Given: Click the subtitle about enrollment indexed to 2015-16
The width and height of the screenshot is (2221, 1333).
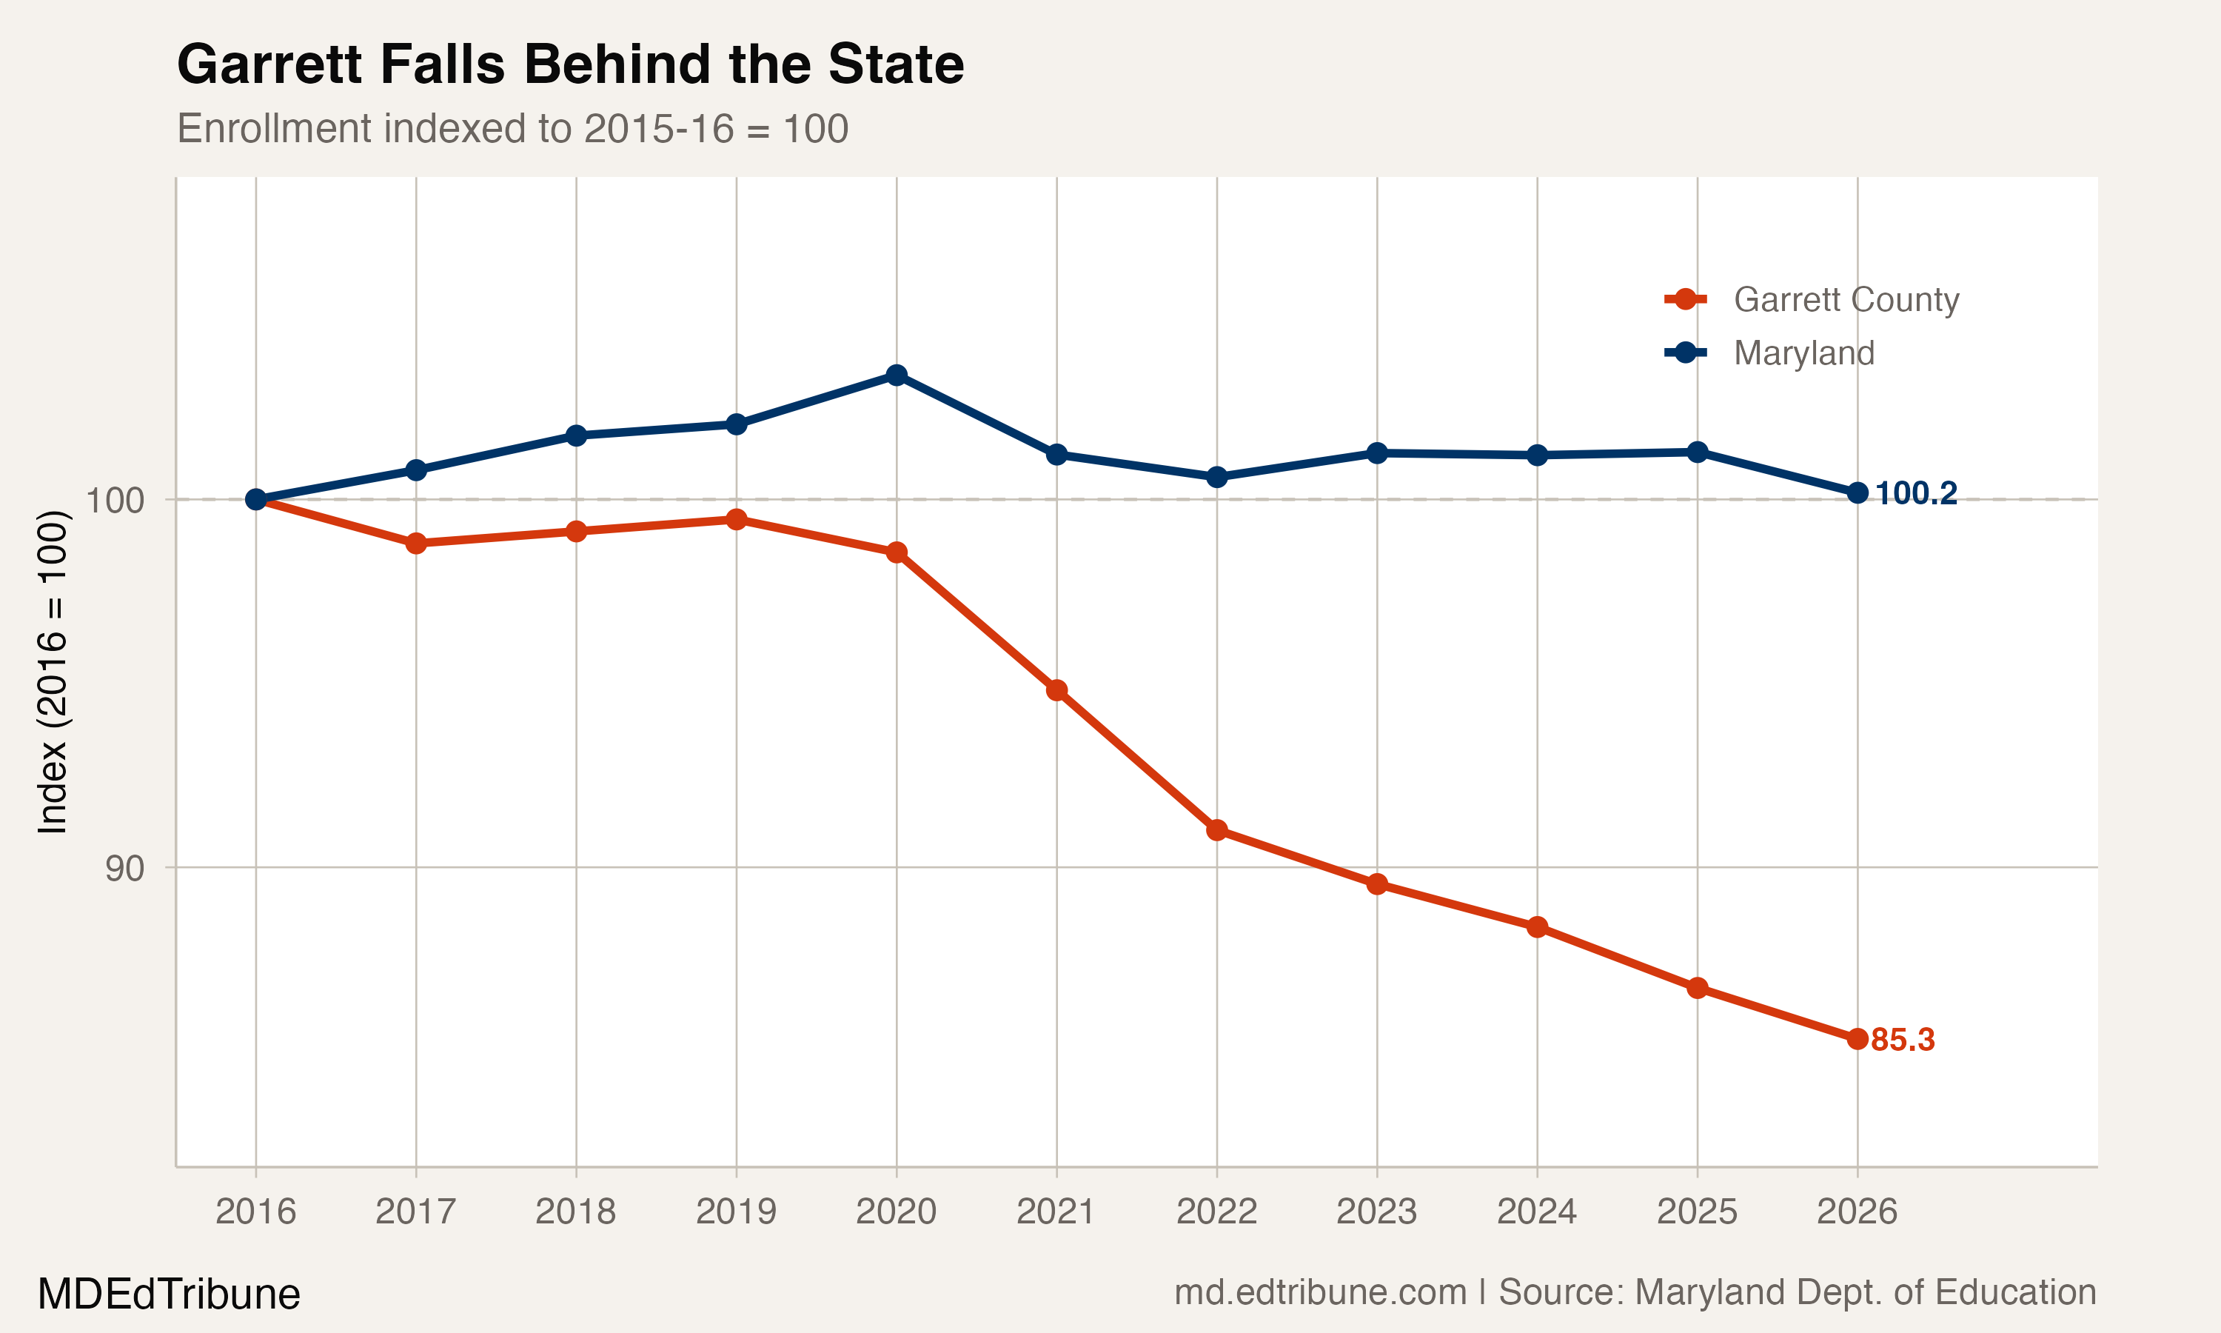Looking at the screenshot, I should point(512,128).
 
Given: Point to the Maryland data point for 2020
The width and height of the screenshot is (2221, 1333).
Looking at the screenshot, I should point(896,375).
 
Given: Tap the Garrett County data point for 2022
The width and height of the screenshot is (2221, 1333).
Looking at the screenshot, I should point(1216,830).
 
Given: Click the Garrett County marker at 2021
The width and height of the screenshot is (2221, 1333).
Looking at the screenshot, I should point(1056,690).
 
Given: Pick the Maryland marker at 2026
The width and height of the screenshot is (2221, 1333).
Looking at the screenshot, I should point(1857,493).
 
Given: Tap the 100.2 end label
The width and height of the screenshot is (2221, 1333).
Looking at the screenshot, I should point(1916,493).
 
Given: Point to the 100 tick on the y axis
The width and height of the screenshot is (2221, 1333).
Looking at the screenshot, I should point(114,499).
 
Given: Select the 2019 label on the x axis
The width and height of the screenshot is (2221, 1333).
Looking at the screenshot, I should point(735,1212).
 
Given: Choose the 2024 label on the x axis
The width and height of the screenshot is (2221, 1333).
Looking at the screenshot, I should point(1536,1212).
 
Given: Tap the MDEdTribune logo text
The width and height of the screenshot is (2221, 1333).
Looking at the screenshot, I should point(168,1294).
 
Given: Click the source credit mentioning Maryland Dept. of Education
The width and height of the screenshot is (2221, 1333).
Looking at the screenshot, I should point(1634,1292).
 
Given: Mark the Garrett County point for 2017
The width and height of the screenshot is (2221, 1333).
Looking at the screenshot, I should point(415,544).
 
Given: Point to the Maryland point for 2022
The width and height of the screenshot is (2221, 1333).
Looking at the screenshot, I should point(1216,477).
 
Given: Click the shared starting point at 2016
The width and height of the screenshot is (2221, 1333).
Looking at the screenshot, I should point(256,499).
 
